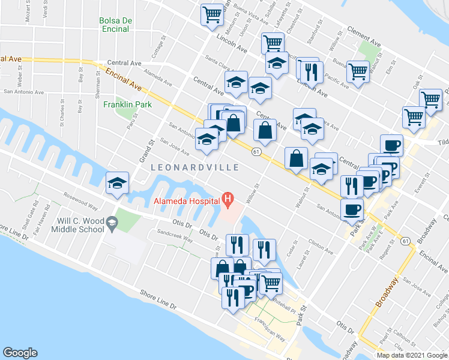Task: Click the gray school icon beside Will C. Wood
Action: (112, 224)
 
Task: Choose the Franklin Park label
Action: (127, 104)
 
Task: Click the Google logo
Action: (20, 353)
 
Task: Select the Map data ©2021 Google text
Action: (412, 355)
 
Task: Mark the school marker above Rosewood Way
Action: (117, 183)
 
